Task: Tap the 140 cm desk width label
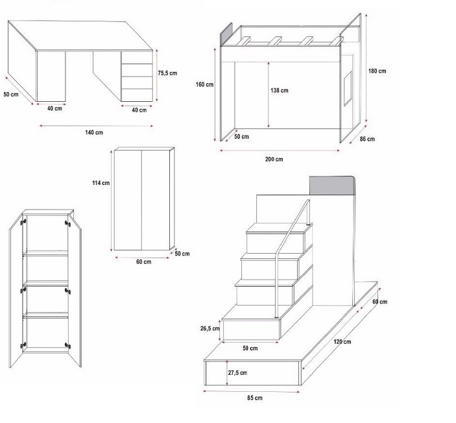94,132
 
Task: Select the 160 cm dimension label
205,84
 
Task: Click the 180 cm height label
378,71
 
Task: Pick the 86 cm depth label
367,139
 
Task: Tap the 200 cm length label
274,159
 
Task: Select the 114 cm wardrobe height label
101,183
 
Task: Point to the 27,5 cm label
237,372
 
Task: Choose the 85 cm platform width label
254,397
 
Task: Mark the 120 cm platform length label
343,341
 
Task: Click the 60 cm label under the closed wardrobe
143,261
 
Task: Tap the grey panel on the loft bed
228,35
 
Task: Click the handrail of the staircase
285,247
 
